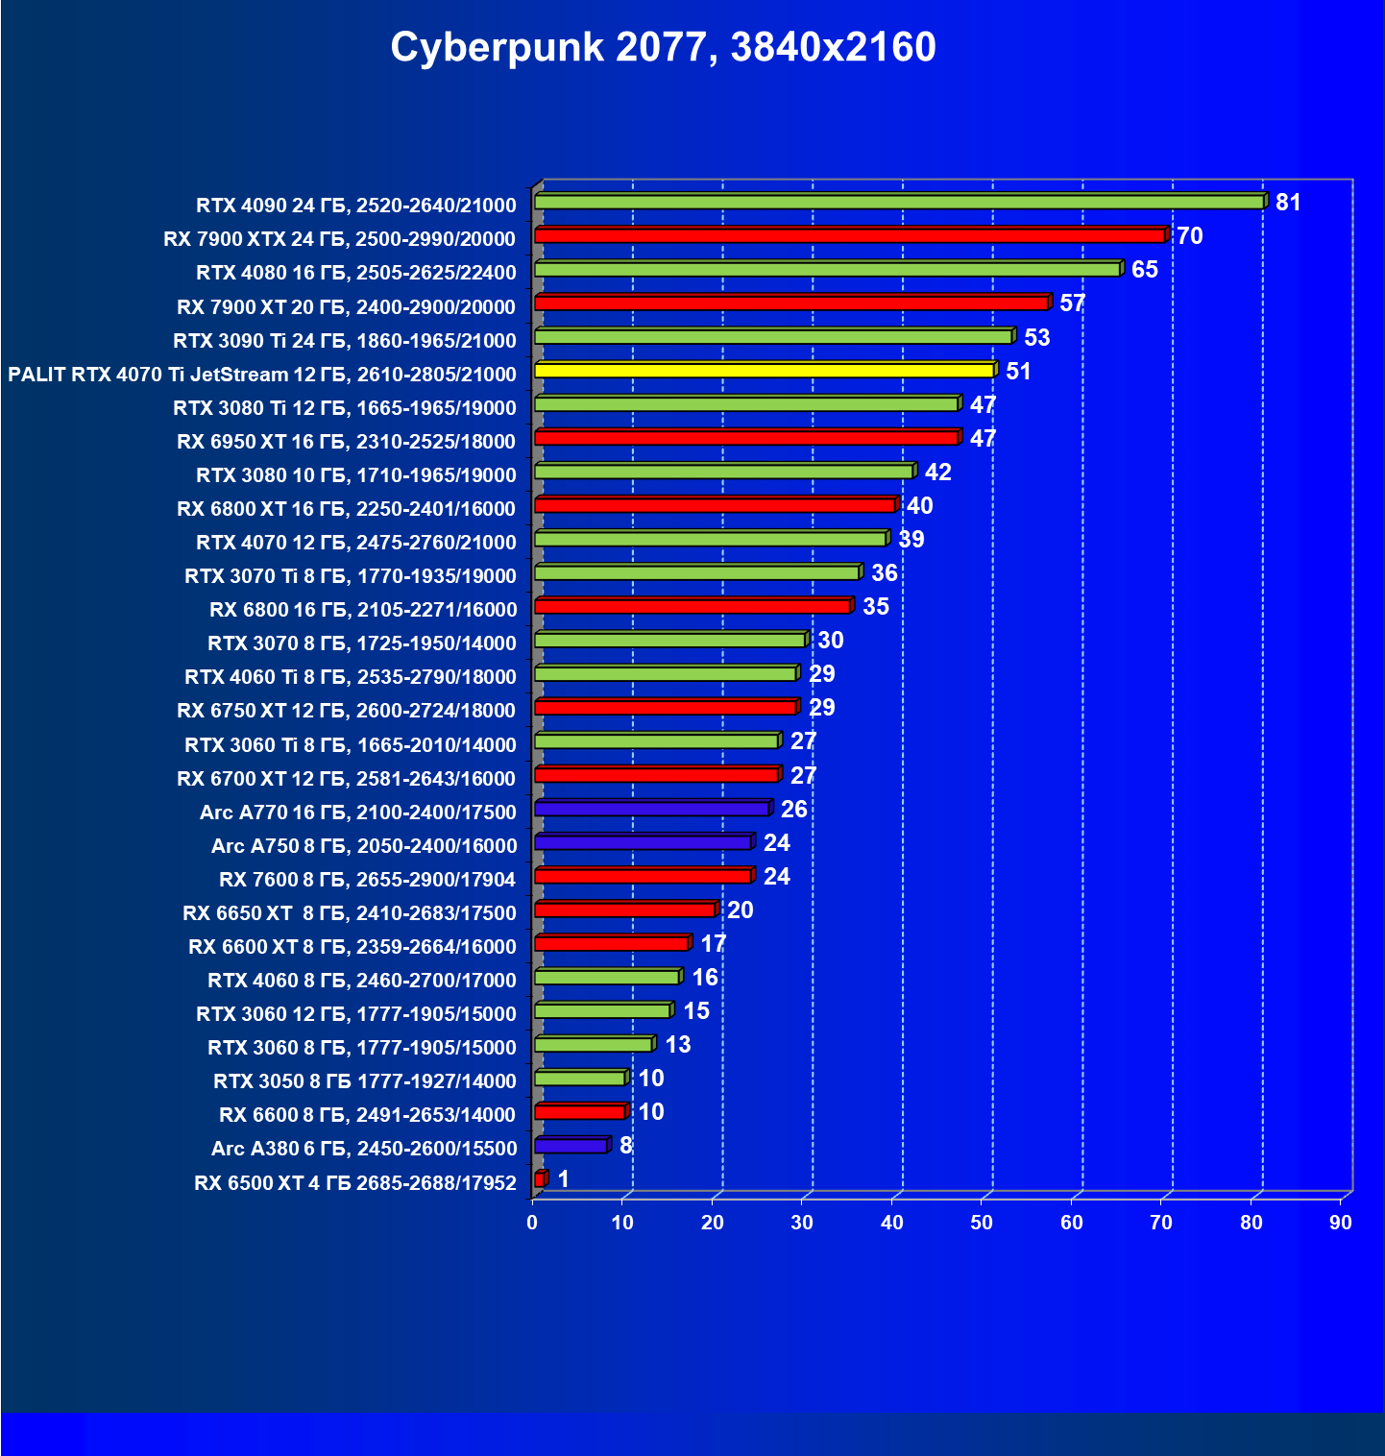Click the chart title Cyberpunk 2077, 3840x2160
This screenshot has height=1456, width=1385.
(663, 47)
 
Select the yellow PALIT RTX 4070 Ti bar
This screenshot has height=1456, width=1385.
(764, 371)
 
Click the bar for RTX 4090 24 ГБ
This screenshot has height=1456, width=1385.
(898, 202)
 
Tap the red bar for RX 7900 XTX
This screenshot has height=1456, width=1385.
(849, 235)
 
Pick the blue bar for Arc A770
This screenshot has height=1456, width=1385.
(651, 809)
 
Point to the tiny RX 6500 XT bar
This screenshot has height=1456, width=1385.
(540, 1179)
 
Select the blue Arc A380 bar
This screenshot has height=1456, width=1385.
(571, 1146)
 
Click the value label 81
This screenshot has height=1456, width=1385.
(1288, 203)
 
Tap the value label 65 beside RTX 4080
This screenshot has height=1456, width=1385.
(1144, 270)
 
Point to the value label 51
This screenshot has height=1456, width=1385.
(1018, 372)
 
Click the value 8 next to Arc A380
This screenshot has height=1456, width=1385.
(626, 1146)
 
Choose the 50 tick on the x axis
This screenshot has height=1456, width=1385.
(982, 1223)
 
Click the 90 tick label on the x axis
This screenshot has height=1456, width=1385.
(1341, 1223)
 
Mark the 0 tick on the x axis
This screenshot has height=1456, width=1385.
(532, 1223)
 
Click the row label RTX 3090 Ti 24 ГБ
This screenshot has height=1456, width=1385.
(345, 341)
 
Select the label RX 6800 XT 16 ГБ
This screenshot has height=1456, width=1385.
(347, 509)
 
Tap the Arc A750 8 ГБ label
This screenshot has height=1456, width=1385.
(364, 846)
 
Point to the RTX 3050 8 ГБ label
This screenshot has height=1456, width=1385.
(365, 1081)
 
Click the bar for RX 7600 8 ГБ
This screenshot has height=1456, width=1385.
(643, 876)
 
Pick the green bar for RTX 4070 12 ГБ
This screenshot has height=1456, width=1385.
(710, 539)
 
